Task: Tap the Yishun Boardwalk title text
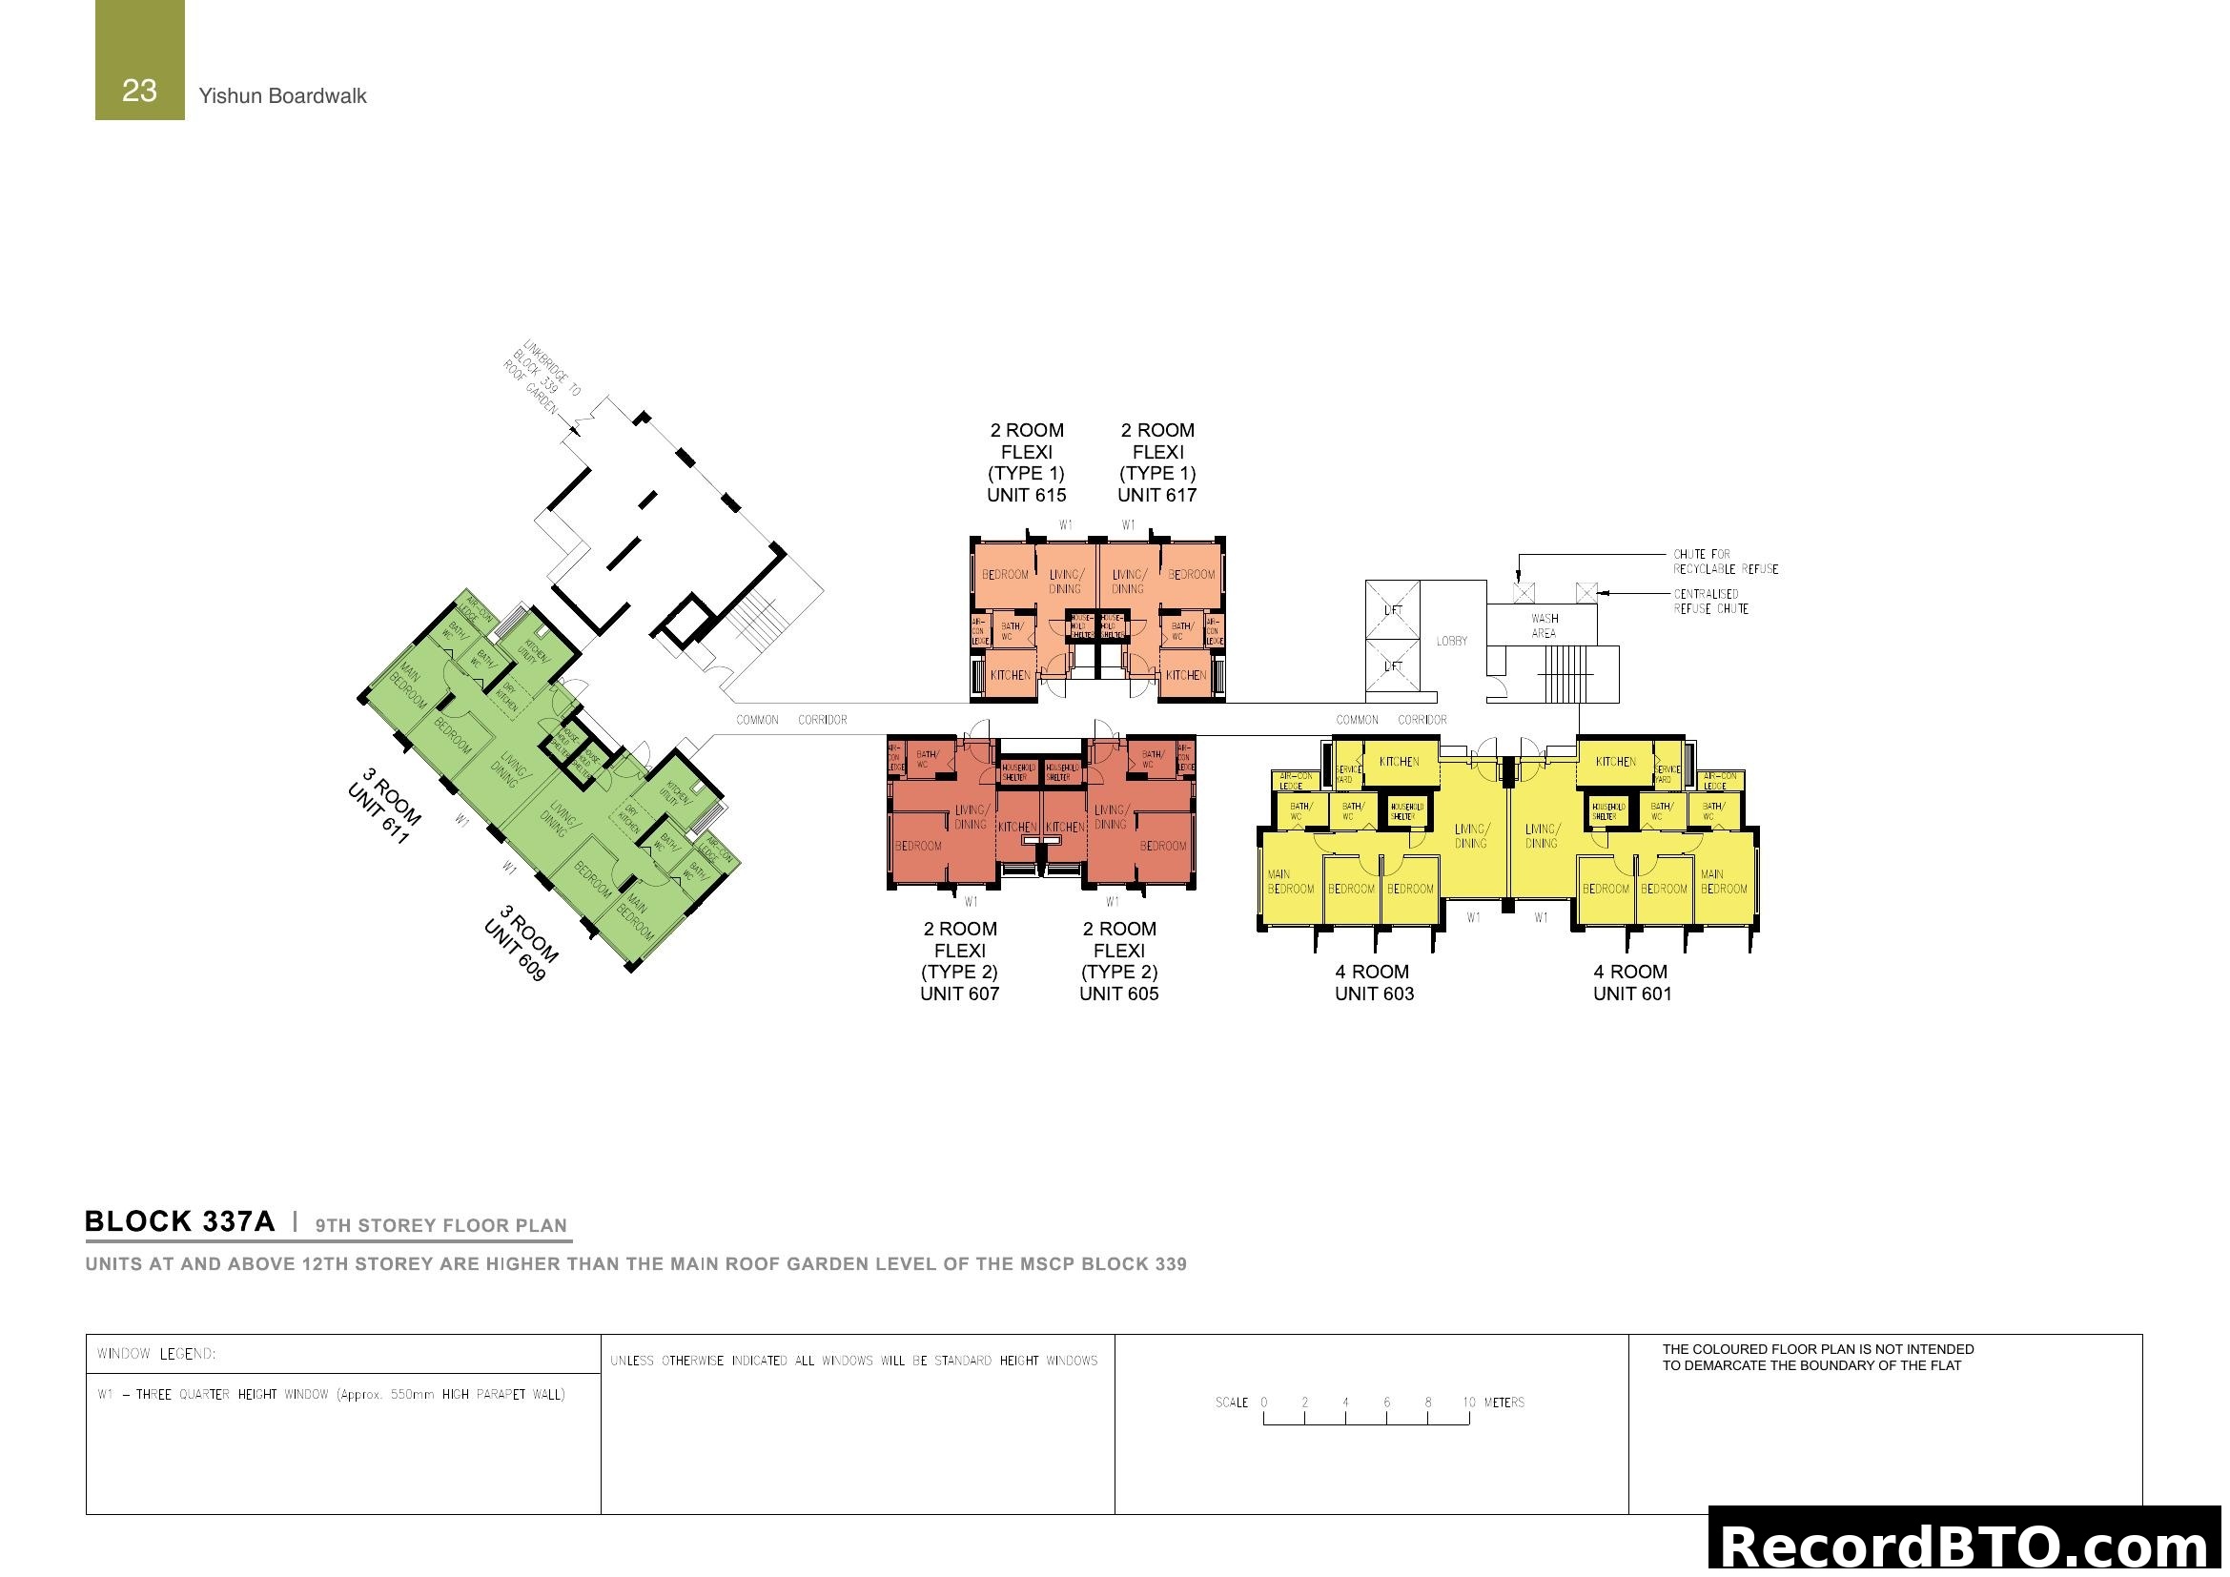[282, 96]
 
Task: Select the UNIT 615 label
[1026, 495]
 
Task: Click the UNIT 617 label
[1156, 495]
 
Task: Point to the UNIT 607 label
[960, 993]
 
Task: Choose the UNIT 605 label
[1119, 993]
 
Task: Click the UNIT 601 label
[1632, 993]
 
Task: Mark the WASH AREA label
[1545, 625]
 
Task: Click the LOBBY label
[1452, 641]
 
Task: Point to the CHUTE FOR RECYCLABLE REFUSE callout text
[1725, 562]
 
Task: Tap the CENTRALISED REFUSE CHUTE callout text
[1711, 601]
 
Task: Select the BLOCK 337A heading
[180, 1221]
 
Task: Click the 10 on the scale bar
[1468, 1403]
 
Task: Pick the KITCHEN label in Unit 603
[1399, 763]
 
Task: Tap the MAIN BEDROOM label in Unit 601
[1723, 882]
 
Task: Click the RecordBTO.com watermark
[1966, 1546]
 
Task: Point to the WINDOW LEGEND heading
[156, 1354]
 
